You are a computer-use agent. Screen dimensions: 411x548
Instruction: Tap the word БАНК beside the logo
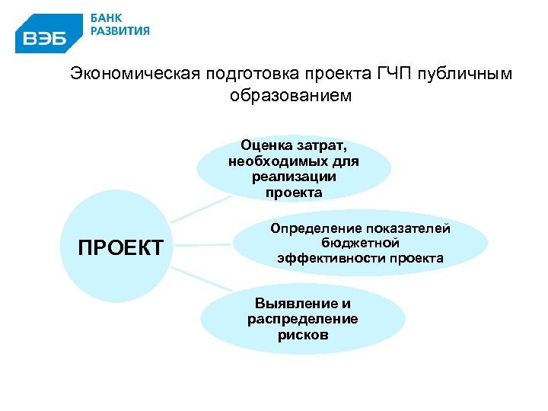107,18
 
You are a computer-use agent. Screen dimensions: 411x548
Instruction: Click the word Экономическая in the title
131,74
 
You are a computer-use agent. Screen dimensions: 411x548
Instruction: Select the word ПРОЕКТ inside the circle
121,248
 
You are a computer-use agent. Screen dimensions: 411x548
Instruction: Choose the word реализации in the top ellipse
293,177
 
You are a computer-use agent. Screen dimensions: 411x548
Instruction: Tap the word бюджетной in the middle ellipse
360,243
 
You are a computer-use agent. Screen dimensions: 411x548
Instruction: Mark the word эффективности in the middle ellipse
330,258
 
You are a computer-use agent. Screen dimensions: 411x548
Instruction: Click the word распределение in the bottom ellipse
302,319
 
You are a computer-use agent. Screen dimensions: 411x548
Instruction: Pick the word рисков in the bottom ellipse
303,334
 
